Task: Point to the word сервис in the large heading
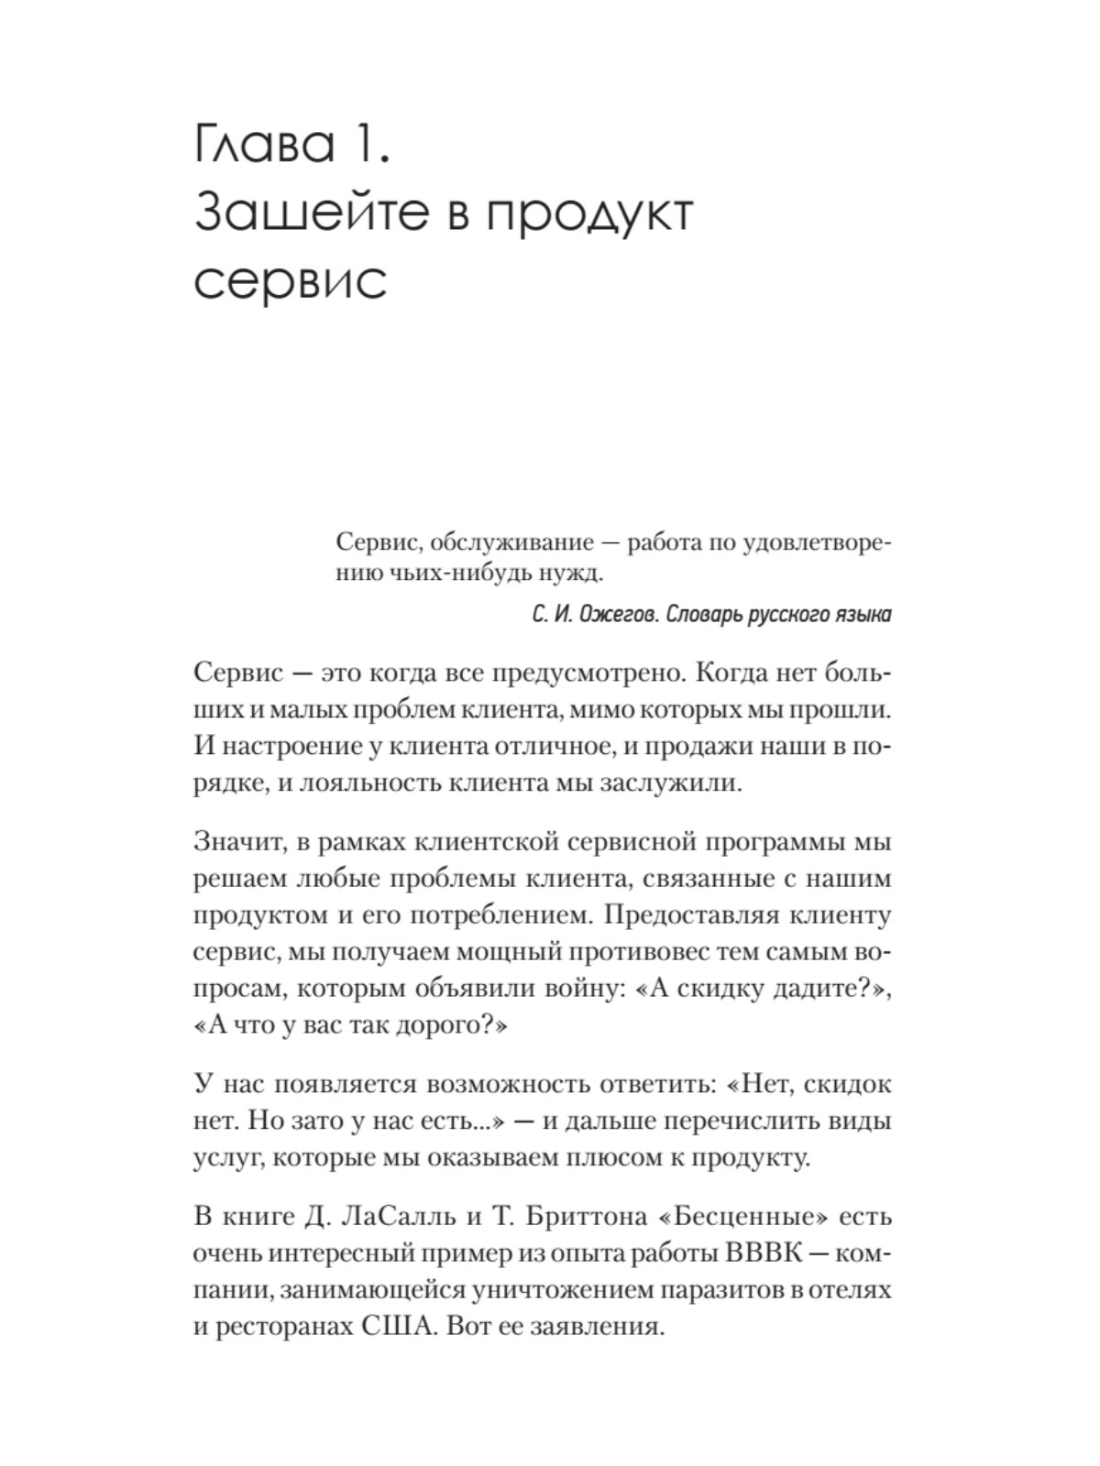[x=291, y=280]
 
